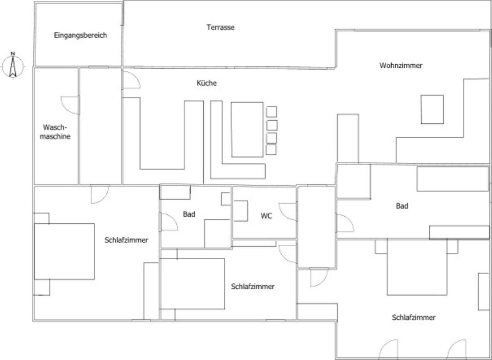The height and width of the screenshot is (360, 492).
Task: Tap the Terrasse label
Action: click(220, 27)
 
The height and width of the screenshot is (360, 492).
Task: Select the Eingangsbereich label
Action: click(80, 35)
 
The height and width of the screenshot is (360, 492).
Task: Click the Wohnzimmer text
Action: click(401, 65)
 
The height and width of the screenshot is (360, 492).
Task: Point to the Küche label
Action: click(206, 83)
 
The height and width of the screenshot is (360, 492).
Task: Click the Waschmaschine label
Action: click(55, 132)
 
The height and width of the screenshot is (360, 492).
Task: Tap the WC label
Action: click(266, 216)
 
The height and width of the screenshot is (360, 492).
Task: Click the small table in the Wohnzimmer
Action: click(432, 109)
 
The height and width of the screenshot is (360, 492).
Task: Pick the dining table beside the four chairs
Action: click(247, 129)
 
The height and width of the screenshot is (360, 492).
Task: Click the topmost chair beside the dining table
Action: click(271, 112)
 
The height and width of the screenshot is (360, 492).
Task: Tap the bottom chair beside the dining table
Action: click(271, 150)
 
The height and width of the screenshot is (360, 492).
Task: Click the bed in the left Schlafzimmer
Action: click(64, 252)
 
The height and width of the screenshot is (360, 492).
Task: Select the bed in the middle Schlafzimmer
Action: click(193, 284)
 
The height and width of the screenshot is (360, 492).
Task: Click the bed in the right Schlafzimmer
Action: click(417, 267)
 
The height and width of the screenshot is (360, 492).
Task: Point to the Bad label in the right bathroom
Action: click(402, 206)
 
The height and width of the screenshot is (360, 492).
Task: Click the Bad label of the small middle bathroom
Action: click(189, 214)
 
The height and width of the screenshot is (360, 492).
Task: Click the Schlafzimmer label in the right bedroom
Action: click(414, 317)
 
